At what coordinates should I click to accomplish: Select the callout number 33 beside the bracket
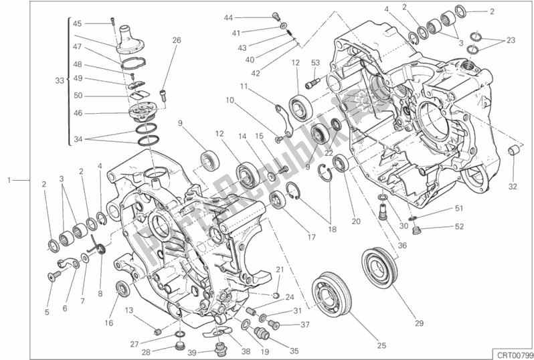point(60,80)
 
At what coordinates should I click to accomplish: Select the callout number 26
point(177,39)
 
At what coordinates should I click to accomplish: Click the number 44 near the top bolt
point(229,17)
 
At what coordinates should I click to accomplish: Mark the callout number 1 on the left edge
point(9,181)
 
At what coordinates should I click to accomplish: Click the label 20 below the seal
point(356,222)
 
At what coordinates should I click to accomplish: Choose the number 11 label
point(244,86)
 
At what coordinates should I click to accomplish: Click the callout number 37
point(305,325)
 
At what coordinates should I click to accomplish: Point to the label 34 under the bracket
point(78,139)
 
